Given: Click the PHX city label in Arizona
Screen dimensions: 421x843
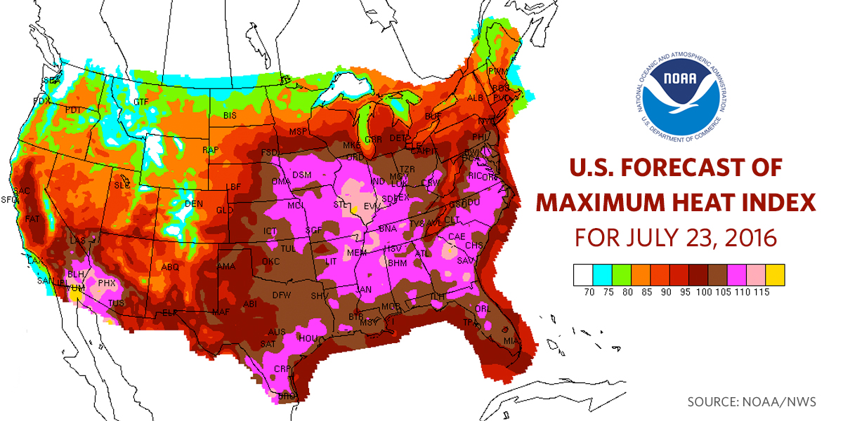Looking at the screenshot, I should coord(106,283).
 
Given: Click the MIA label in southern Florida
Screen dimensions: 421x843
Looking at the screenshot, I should coord(511,341).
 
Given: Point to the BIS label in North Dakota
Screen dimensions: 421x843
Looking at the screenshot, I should coord(230,114).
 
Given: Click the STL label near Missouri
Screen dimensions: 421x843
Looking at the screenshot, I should coord(341,204).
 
